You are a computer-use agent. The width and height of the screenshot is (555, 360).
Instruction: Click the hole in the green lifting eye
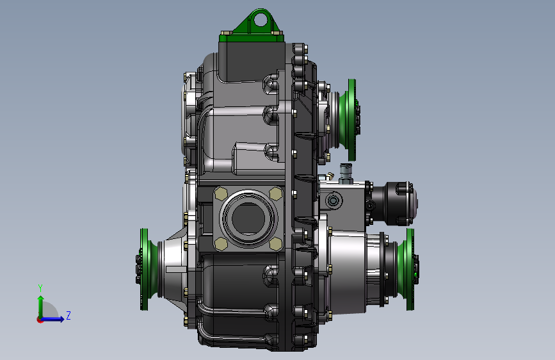261,19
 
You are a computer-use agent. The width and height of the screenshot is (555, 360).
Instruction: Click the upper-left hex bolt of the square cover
221,194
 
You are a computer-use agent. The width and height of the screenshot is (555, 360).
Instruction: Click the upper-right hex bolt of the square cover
276,194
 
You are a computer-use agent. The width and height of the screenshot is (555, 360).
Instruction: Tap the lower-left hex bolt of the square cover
221,244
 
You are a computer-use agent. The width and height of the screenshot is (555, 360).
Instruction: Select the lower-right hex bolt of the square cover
276,244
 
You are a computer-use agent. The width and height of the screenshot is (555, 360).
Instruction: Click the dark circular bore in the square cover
248,218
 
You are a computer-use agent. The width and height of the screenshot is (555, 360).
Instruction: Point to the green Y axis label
40,288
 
